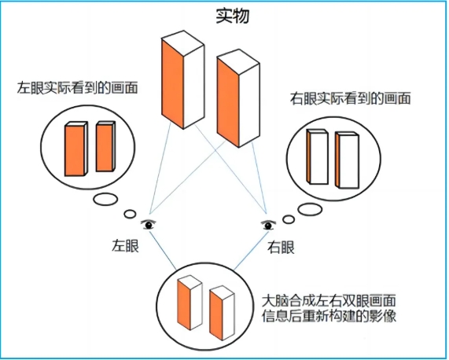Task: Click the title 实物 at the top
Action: (x=232, y=16)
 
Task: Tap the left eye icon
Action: (x=149, y=225)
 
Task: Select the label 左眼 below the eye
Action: (x=125, y=245)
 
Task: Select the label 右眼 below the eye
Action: (x=281, y=248)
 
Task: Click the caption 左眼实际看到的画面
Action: (x=77, y=88)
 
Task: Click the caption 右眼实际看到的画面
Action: (x=350, y=98)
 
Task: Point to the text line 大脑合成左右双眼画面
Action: (x=329, y=301)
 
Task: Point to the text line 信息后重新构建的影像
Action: (x=329, y=316)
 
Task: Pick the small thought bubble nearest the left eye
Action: (x=130, y=214)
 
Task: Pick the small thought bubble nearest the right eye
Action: (x=289, y=219)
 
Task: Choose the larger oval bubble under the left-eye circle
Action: (x=105, y=200)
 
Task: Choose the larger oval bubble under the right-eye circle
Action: (x=310, y=209)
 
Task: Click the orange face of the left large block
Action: (x=172, y=84)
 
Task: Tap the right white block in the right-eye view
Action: (x=347, y=160)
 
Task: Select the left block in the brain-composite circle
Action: (x=190, y=303)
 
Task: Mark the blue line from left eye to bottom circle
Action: (x=163, y=250)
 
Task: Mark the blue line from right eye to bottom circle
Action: (x=251, y=250)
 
